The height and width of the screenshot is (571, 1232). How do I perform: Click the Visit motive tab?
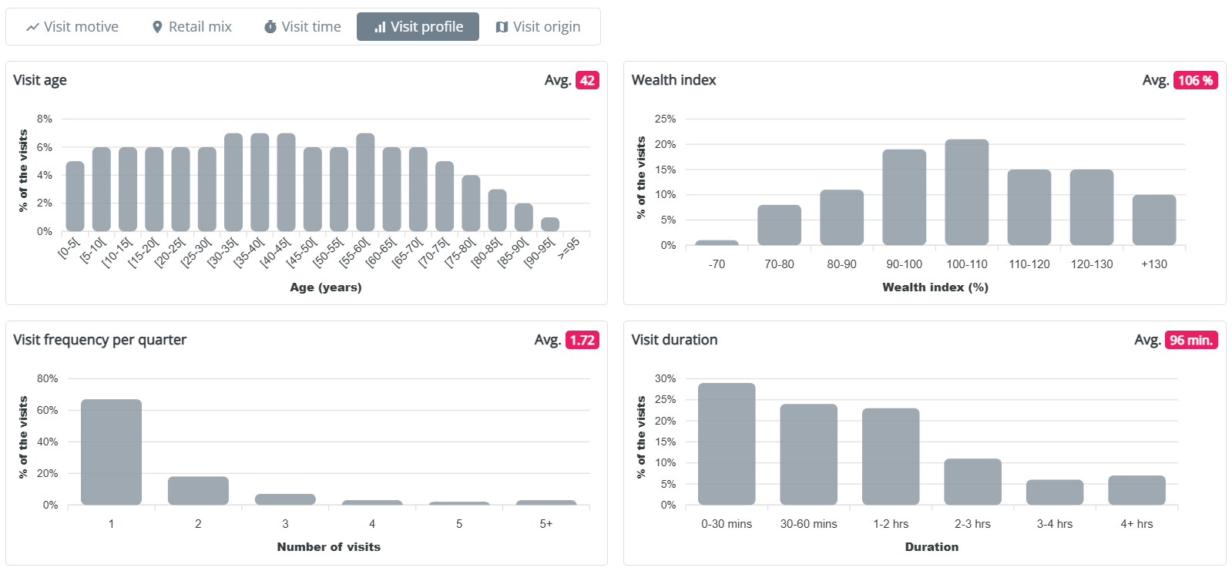72,27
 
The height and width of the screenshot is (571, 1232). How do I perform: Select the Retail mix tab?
191,27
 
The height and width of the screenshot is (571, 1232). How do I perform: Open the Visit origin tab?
538,27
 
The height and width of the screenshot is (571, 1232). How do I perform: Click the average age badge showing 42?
587,80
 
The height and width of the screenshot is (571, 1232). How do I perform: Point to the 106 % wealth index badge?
1195,80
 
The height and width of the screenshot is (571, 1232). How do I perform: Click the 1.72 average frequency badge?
582,340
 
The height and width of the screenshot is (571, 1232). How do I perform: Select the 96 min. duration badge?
1191,340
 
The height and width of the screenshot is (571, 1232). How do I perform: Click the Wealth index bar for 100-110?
966,192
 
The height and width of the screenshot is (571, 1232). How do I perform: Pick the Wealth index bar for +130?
1153,220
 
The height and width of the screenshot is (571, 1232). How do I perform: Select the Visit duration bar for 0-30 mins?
727,444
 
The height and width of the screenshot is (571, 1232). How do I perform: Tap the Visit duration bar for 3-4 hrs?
1054,492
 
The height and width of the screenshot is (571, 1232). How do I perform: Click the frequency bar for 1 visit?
111,452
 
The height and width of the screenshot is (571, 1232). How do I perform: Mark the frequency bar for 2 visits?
198,491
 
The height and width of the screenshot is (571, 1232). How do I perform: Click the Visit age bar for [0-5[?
75,196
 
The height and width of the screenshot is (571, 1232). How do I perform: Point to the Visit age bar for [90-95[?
549,224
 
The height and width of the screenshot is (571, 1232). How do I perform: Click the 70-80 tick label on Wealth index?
779,264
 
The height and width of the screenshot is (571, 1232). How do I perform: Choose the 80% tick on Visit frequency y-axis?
48,378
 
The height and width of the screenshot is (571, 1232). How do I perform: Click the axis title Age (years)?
325,287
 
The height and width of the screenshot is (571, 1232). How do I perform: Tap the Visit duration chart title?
674,340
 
